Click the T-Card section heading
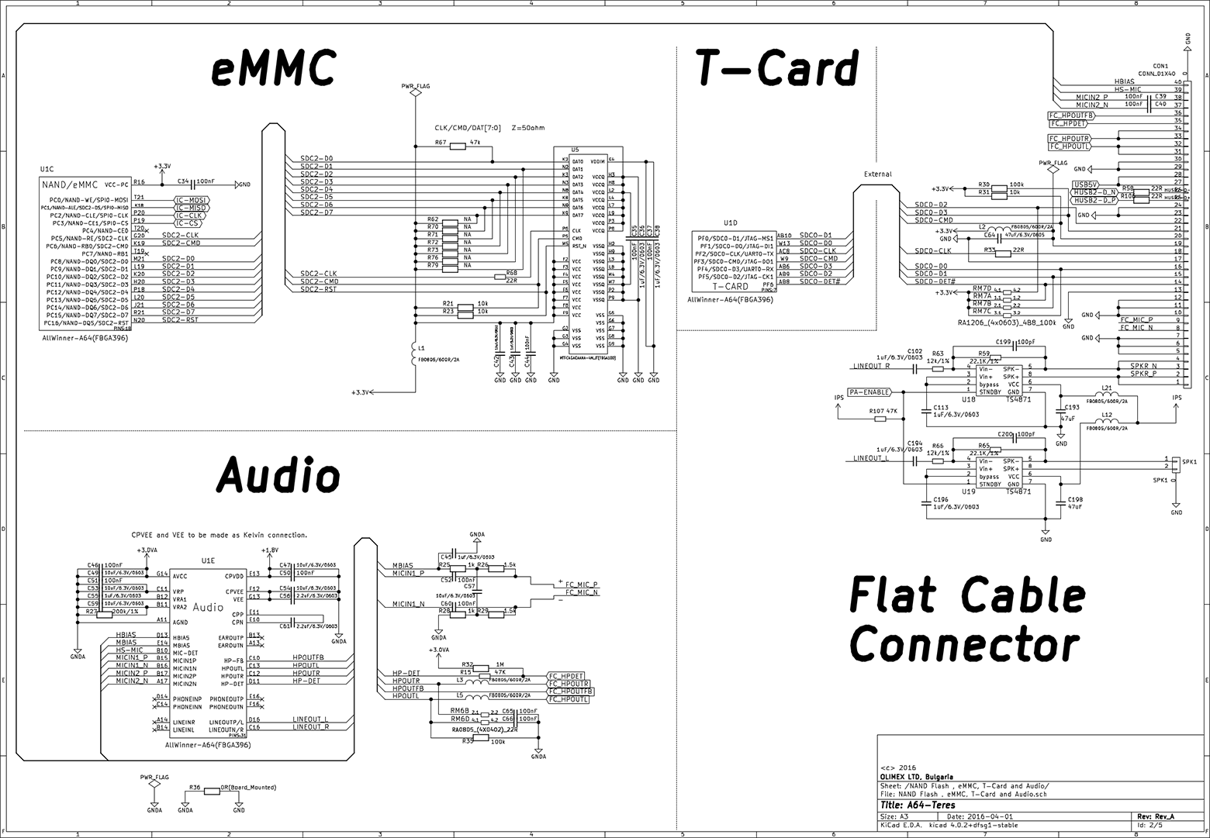point(776,68)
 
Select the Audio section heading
point(278,474)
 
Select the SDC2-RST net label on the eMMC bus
point(319,289)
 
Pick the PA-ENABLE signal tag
point(868,391)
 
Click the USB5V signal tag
point(1084,184)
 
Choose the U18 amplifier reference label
point(968,398)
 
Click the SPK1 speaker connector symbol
point(1176,463)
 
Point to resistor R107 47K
point(881,419)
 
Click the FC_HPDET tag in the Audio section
point(566,676)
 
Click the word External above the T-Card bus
point(877,174)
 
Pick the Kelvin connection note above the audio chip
point(220,535)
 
